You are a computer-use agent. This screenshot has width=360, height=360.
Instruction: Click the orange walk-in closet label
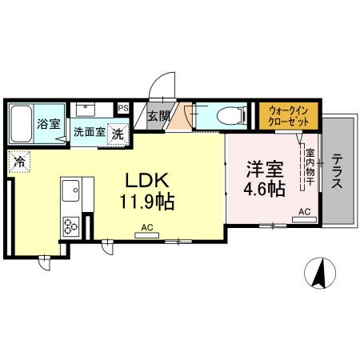288,115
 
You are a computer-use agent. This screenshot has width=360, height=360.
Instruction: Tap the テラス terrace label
338,170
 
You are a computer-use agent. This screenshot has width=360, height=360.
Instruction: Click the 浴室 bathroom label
48,124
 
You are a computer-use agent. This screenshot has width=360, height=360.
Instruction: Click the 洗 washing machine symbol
118,133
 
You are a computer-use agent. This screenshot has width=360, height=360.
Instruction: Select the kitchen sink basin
70,192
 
